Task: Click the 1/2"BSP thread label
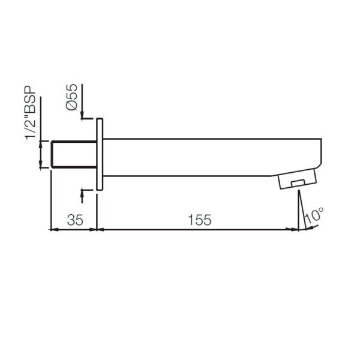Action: (31, 113)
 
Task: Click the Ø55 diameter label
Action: (71, 97)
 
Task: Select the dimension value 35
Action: (75, 220)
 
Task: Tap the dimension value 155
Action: (200, 220)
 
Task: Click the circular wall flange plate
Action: (100, 154)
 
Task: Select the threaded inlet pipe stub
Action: (74, 154)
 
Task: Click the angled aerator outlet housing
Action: (298, 179)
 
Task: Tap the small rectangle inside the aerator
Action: (298, 183)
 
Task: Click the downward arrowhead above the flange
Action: (82, 115)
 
